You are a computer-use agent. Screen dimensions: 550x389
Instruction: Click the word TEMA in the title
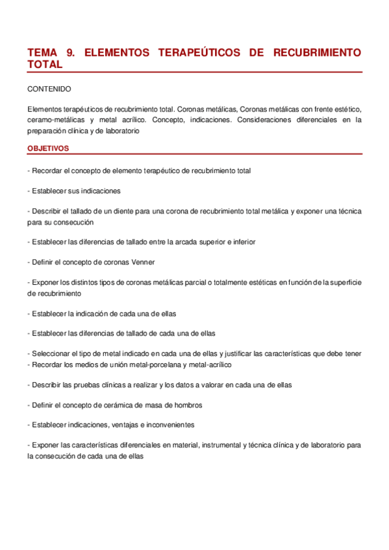point(42,52)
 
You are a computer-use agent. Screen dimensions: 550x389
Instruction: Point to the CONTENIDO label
point(49,88)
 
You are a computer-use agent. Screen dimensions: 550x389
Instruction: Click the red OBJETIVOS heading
point(48,149)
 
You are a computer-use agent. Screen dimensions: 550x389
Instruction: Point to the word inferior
point(242,241)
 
